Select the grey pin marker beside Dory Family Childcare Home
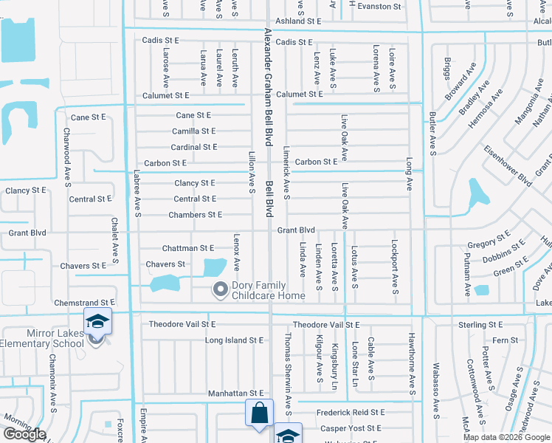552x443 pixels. pyautogui.click(x=219, y=289)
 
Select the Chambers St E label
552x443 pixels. pyautogui.click(x=195, y=215)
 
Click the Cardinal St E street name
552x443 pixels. pyautogui.click(x=194, y=147)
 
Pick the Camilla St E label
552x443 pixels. pyautogui.click(x=194, y=131)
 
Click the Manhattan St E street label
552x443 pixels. pyautogui.click(x=235, y=394)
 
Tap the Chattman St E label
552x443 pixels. pyautogui.click(x=187, y=248)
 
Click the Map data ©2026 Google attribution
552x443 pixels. pyautogui.click(x=507, y=437)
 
